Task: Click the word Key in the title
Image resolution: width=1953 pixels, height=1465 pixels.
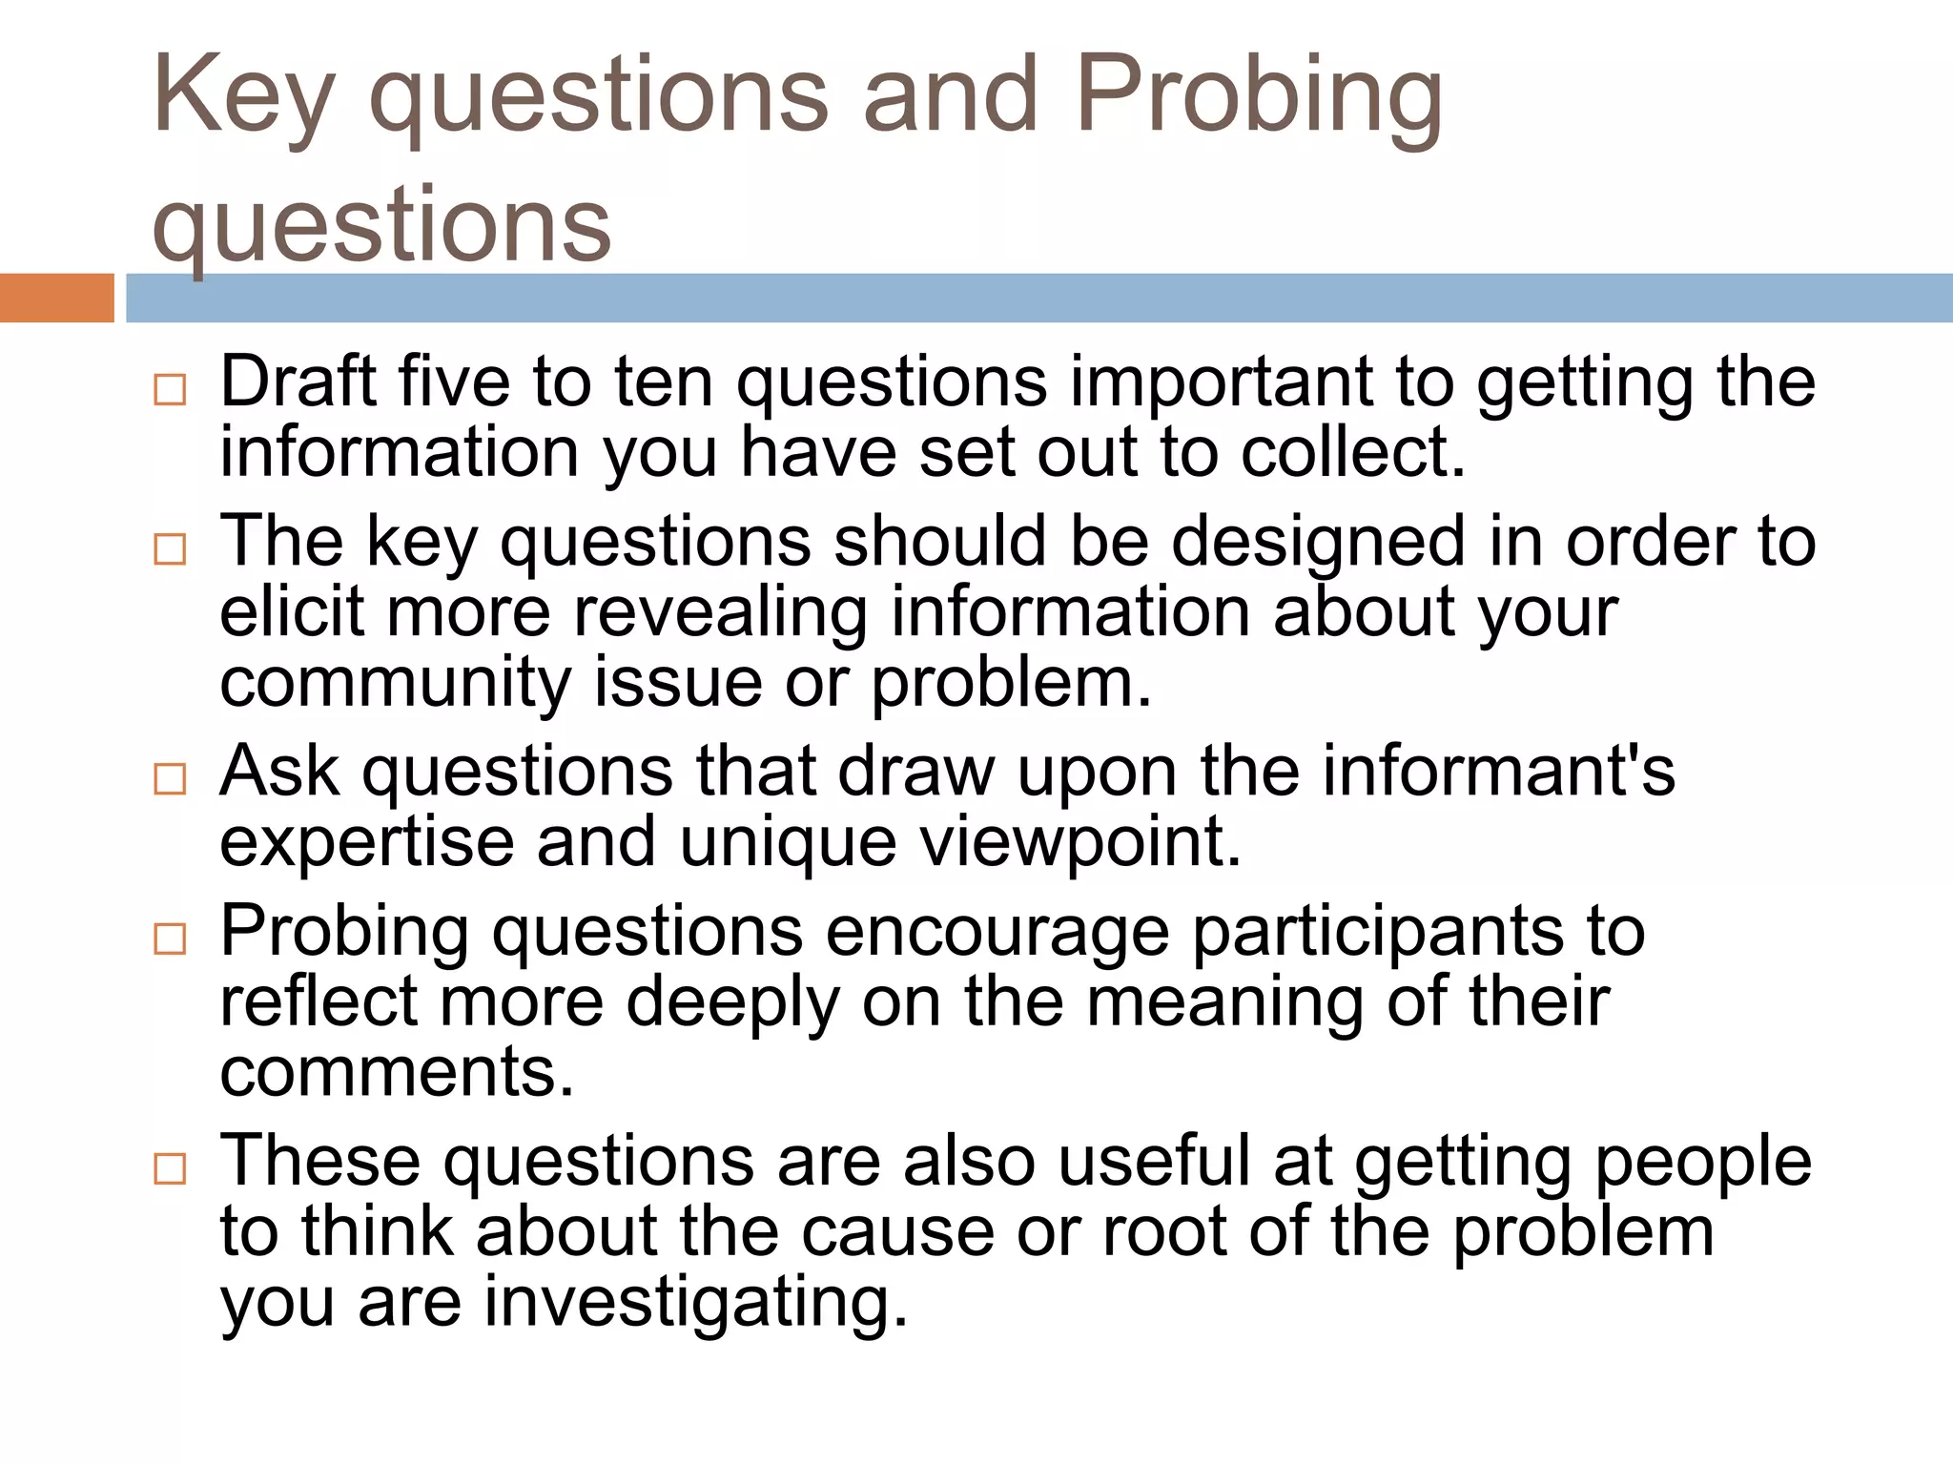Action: (242, 95)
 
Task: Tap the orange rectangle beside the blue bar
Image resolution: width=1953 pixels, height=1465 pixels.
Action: (56, 298)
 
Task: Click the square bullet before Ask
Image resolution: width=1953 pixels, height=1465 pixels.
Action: (170, 779)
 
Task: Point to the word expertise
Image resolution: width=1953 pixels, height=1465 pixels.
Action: (367, 843)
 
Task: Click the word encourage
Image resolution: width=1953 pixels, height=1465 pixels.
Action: (997, 933)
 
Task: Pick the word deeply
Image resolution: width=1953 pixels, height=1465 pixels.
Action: (733, 1003)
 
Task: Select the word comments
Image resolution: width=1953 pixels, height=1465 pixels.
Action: (397, 1072)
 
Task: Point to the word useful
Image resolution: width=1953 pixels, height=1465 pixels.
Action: (1154, 1161)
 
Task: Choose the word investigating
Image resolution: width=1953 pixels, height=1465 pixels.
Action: (696, 1303)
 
